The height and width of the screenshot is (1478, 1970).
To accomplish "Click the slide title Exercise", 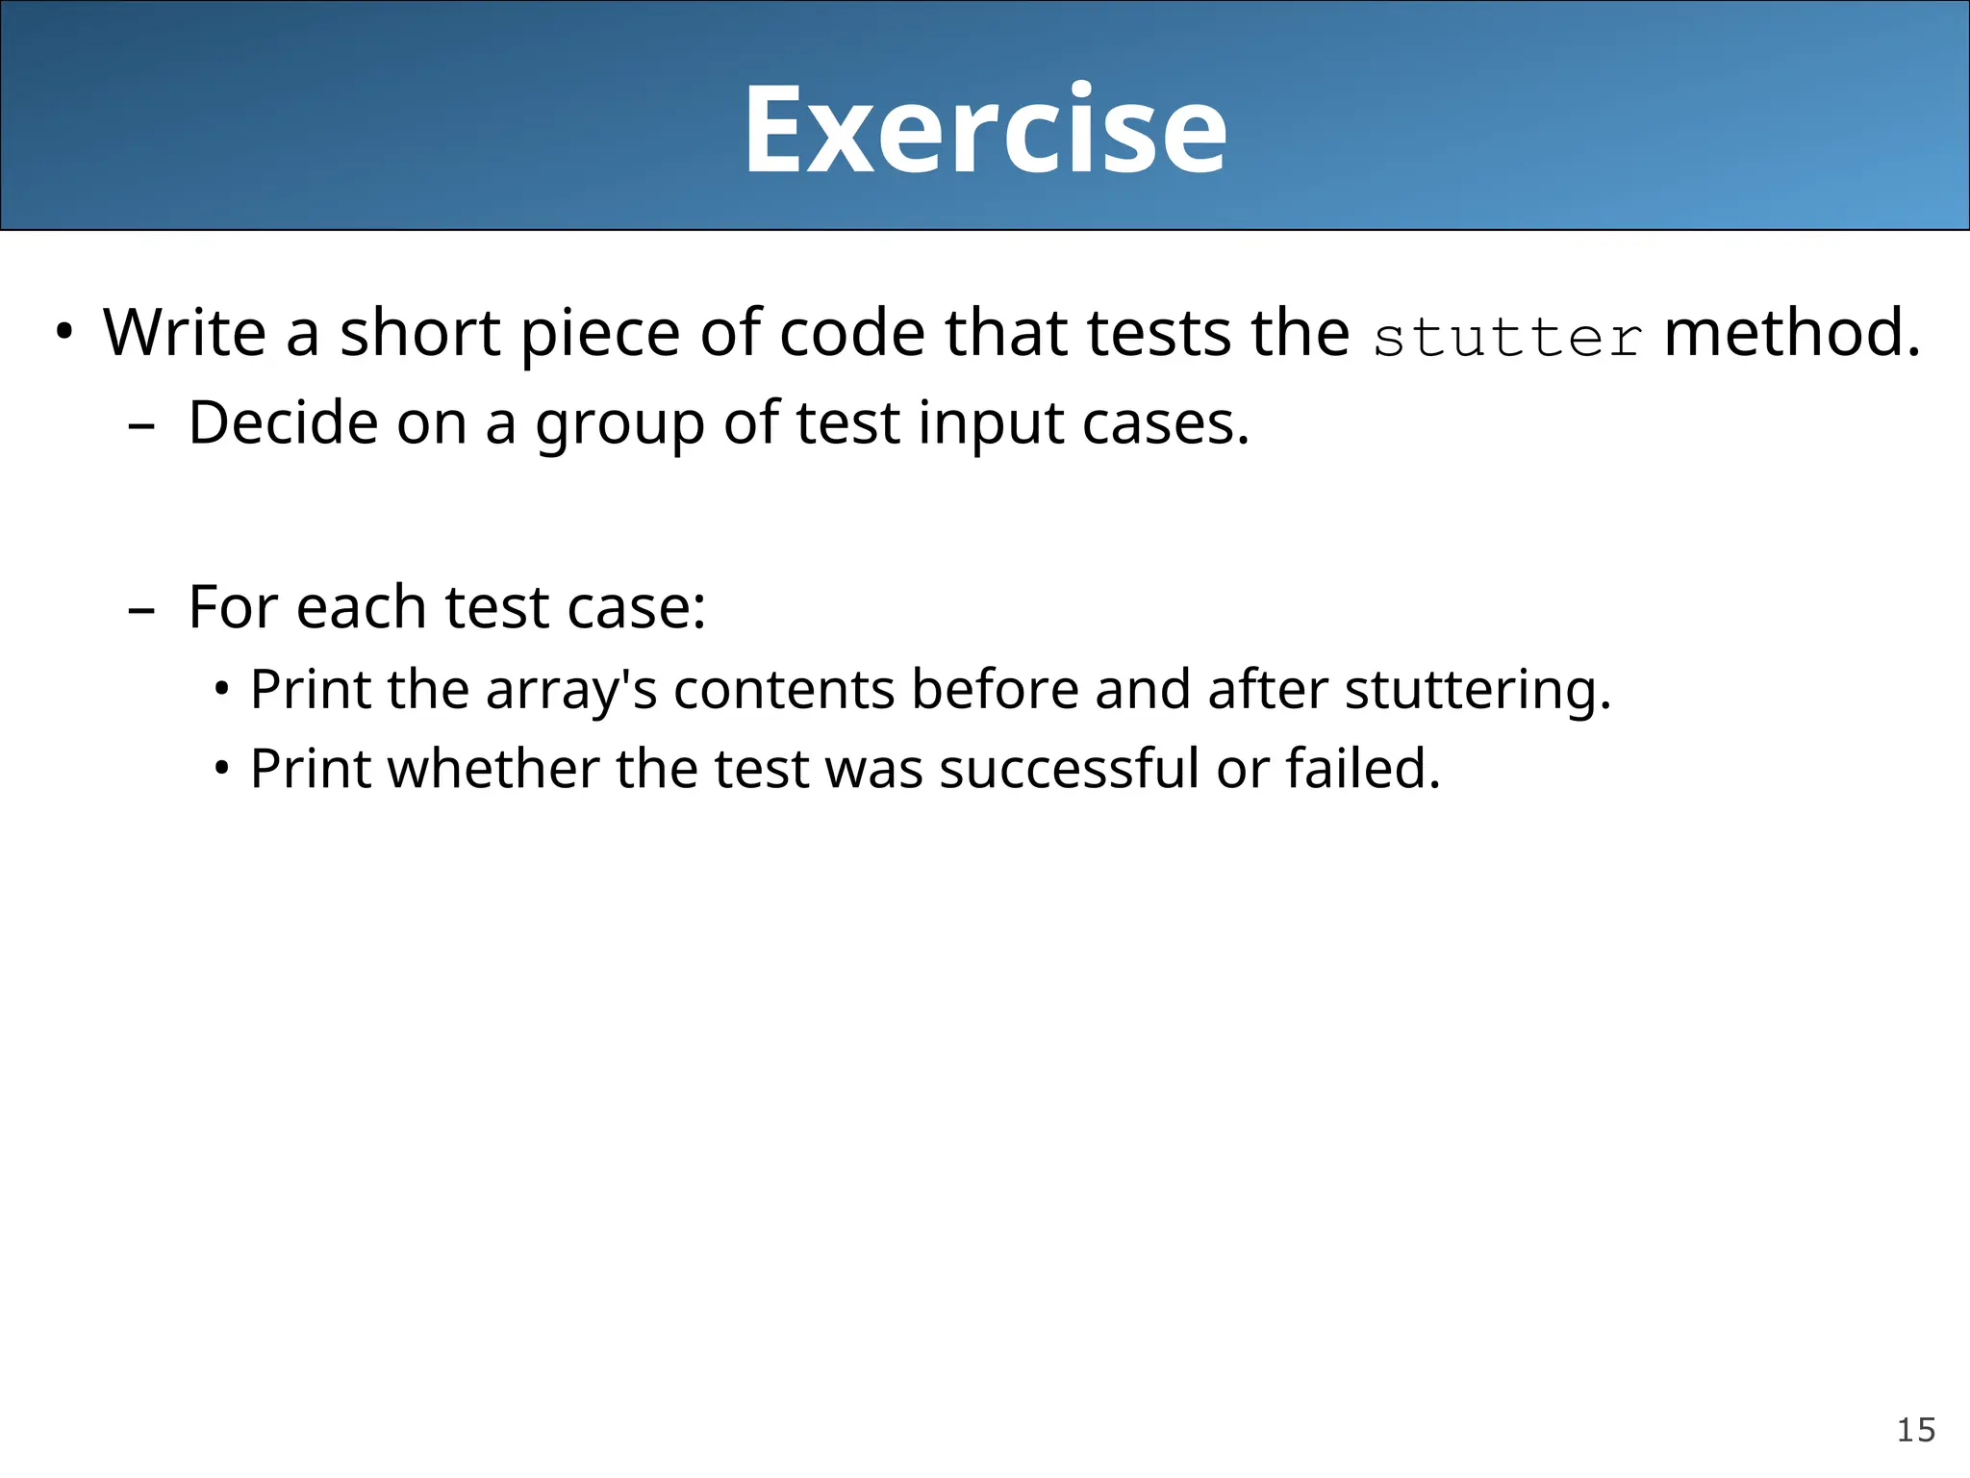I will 985,129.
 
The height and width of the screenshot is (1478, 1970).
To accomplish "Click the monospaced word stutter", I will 1507,338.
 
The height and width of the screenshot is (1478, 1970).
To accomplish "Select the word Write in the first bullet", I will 184,333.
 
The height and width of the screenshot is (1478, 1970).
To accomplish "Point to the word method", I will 1792,333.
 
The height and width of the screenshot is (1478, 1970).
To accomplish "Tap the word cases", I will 1165,424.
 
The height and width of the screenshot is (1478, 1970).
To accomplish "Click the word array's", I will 571,691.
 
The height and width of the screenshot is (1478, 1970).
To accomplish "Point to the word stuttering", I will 1477,691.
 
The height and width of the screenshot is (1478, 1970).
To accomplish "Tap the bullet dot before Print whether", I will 222,770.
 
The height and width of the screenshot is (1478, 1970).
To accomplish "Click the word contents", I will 784,691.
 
